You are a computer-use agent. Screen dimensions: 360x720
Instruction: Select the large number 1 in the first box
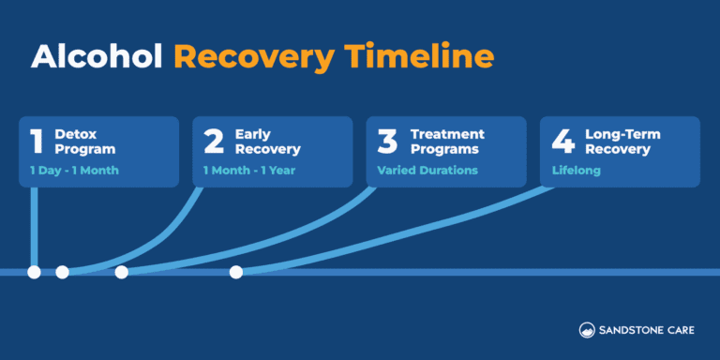click(x=37, y=142)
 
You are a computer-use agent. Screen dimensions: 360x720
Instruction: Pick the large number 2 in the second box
click(x=214, y=142)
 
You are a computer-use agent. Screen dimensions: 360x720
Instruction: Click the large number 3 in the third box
click(x=388, y=142)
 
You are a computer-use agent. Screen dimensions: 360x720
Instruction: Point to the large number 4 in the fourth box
click(x=562, y=142)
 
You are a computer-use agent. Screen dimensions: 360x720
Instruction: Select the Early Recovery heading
click(x=267, y=142)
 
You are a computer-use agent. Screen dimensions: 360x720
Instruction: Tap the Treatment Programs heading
click(x=447, y=142)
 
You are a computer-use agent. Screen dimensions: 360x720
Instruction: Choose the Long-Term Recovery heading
click(x=623, y=142)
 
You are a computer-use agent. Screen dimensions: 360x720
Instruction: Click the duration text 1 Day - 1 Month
click(x=74, y=171)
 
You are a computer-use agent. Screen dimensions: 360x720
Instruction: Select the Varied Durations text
click(x=427, y=171)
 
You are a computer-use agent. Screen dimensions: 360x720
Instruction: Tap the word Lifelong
click(x=575, y=171)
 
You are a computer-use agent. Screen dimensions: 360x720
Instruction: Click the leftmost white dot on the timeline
click(x=34, y=272)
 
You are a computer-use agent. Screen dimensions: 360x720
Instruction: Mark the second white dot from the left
click(x=62, y=272)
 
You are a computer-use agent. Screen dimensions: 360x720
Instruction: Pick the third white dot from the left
click(x=121, y=272)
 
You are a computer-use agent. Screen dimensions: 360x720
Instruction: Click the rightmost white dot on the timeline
click(x=236, y=272)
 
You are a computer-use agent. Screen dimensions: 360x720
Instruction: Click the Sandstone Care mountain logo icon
click(x=586, y=329)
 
